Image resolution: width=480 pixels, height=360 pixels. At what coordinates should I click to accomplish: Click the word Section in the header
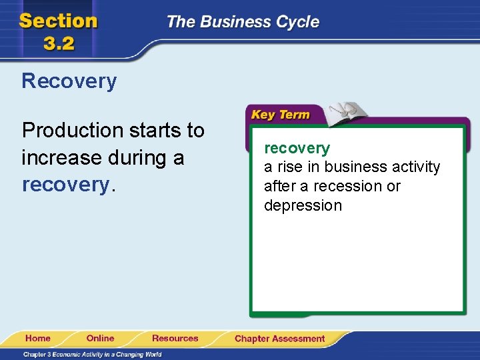[59, 21]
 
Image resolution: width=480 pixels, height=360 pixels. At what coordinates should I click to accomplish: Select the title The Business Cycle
[243, 22]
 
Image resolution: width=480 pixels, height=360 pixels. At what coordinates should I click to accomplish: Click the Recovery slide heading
[69, 81]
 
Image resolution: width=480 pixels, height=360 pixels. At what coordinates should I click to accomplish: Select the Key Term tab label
[280, 115]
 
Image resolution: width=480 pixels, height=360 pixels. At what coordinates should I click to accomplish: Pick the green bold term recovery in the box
[297, 148]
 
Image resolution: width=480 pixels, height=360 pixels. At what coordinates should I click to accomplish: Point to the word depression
[303, 205]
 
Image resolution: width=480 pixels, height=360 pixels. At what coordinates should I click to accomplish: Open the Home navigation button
[38, 339]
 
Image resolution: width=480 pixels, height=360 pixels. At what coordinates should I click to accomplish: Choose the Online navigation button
[100, 339]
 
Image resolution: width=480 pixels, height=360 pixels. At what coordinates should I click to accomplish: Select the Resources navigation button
[175, 339]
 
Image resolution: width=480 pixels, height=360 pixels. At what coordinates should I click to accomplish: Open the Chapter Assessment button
[279, 339]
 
